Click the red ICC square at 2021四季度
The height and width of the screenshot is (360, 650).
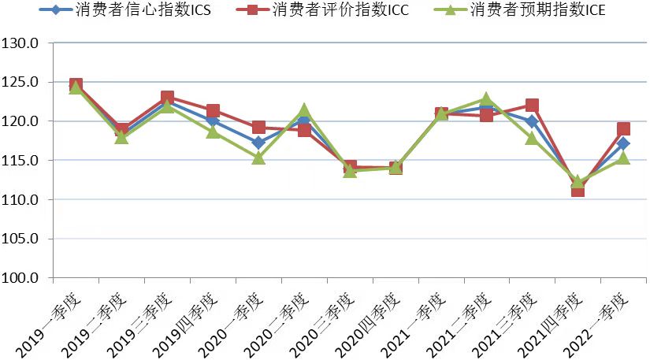pyautogui.click(x=578, y=189)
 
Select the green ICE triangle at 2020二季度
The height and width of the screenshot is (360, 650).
pyautogui.click(x=304, y=111)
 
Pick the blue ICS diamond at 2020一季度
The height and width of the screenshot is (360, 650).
pyautogui.click(x=258, y=143)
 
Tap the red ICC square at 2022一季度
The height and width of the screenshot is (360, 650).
pyautogui.click(x=623, y=129)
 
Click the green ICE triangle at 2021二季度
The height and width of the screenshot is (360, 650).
pyautogui.click(x=486, y=100)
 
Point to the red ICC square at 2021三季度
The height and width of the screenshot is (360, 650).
pyautogui.click(x=532, y=106)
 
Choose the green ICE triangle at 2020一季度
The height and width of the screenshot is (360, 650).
pyautogui.click(x=258, y=158)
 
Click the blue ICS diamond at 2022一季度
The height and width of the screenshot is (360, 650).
pyautogui.click(x=623, y=143)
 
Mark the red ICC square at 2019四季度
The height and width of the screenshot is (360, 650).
pyautogui.click(x=213, y=111)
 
